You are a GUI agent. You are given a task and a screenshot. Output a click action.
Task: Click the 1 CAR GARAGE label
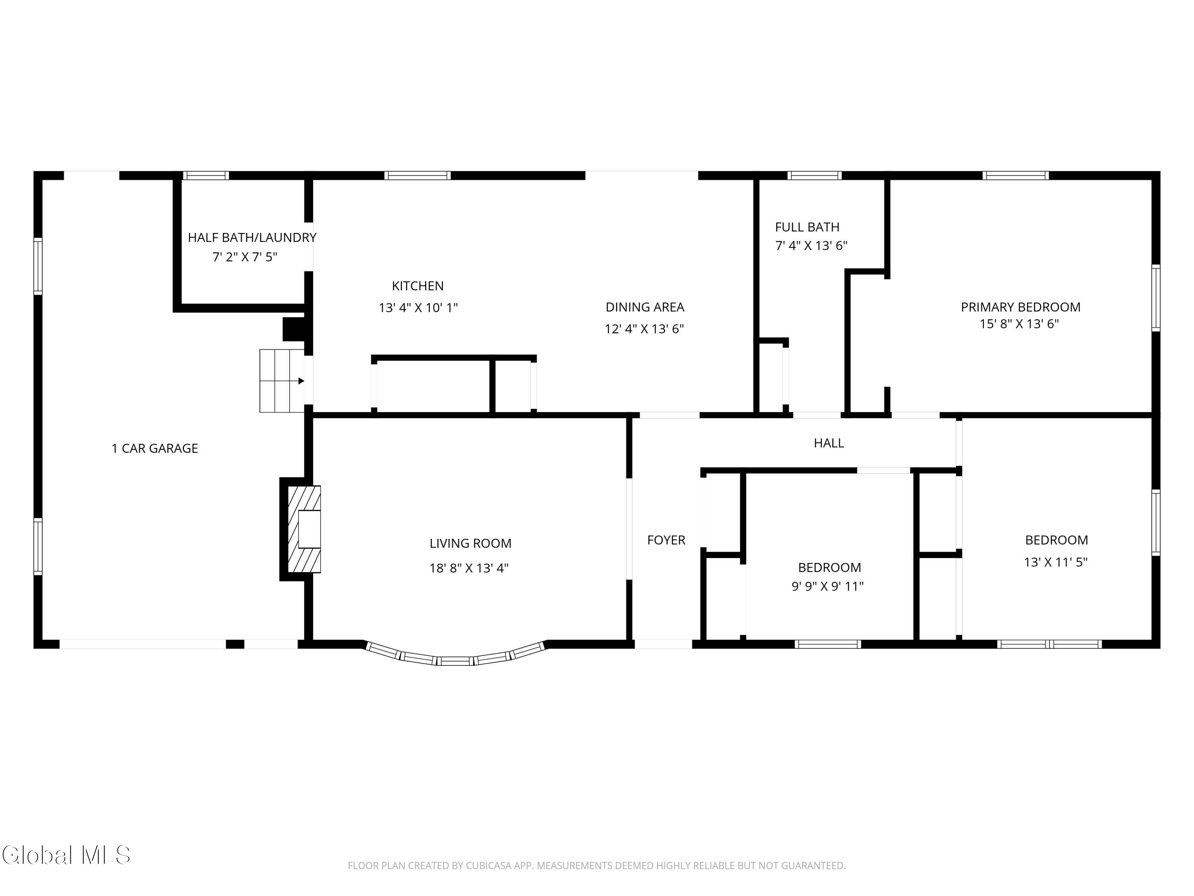click(x=155, y=448)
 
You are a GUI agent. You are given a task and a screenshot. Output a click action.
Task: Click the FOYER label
click(x=666, y=540)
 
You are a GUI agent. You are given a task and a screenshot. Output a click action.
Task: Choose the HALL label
click(x=829, y=443)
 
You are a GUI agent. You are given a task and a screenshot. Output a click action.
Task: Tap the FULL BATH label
click(x=808, y=227)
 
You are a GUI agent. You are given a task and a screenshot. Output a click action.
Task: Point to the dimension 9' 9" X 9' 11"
click(x=827, y=586)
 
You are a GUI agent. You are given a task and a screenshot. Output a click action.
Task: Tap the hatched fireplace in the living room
click(x=304, y=529)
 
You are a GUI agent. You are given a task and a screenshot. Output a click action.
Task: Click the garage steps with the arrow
click(x=282, y=381)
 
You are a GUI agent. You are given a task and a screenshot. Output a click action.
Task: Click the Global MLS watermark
click(x=66, y=855)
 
